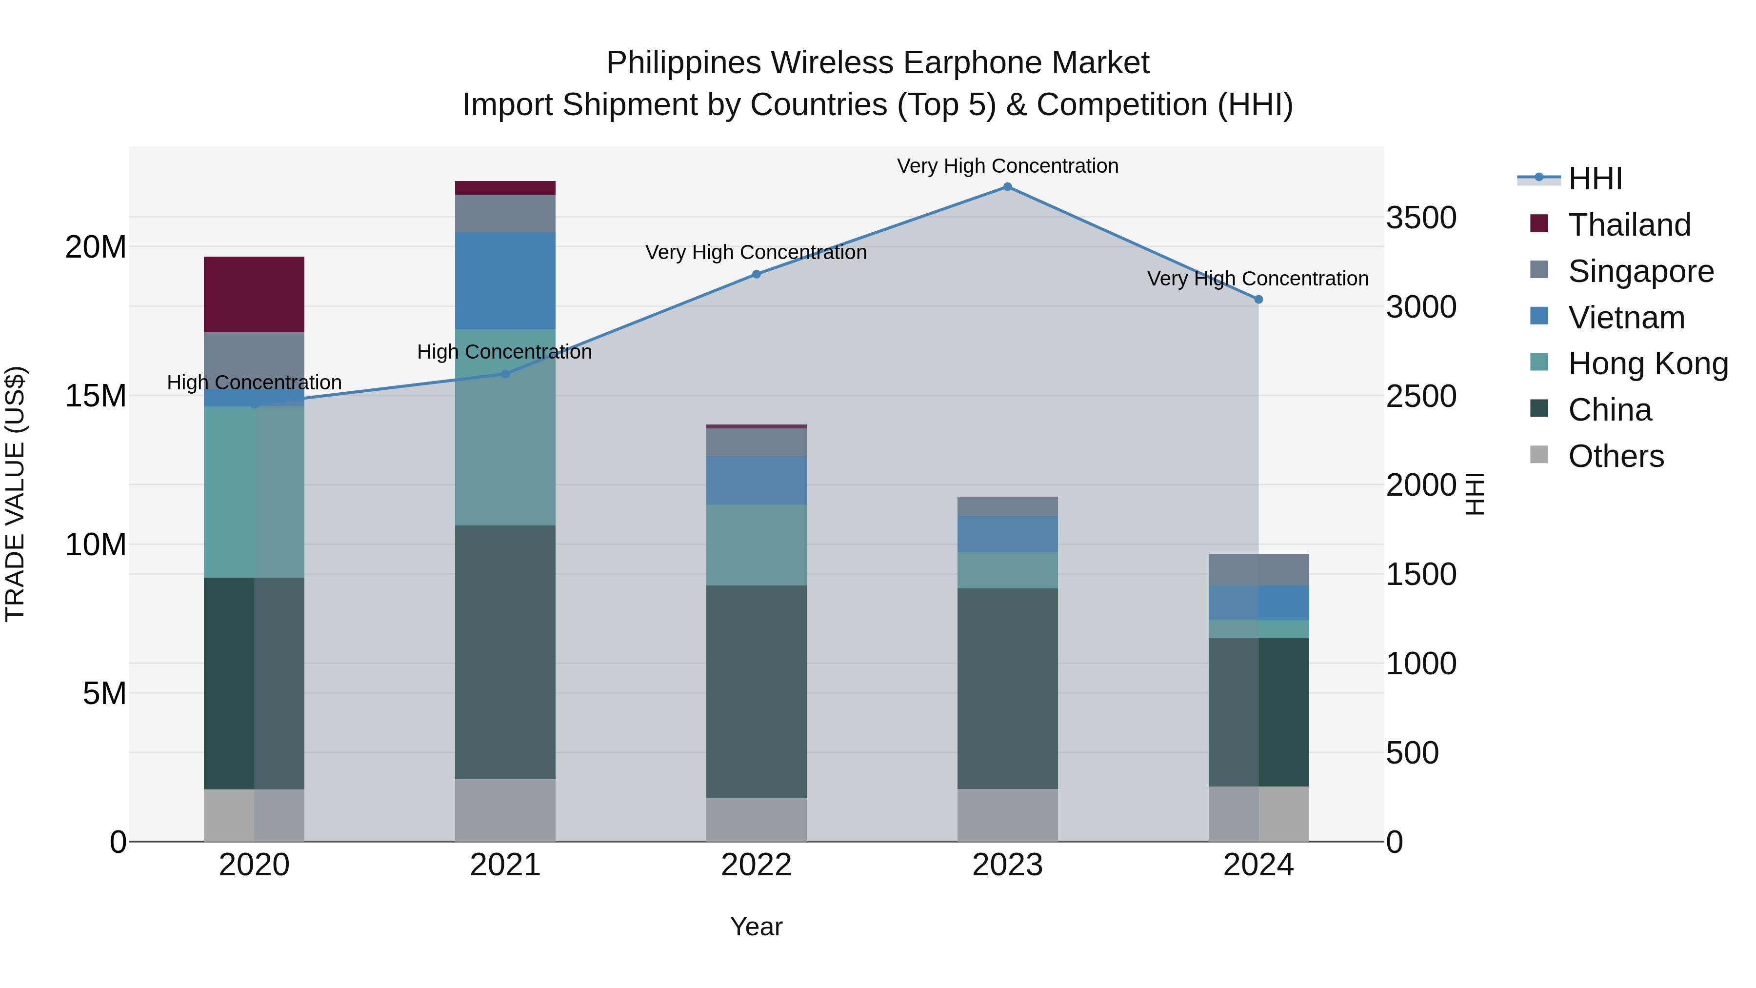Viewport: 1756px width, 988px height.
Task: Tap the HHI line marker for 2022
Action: pos(756,274)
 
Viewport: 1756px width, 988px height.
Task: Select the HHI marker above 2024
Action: pos(1258,300)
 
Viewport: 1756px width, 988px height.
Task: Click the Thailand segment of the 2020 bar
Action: pos(254,295)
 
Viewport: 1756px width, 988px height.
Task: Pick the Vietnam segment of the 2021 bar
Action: pos(505,281)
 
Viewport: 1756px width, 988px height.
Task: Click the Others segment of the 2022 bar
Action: pos(756,820)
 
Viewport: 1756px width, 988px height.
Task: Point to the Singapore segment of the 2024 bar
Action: pos(1258,569)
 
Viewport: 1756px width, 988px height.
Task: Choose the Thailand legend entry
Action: pos(1629,225)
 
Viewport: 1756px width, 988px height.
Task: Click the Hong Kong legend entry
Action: pos(1648,363)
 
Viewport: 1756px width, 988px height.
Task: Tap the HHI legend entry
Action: pos(1595,179)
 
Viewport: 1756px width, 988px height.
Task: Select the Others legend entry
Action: pos(1616,456)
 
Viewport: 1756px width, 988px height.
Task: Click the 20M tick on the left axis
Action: pos(96,247)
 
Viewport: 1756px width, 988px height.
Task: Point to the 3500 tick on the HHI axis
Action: pos(1421,218)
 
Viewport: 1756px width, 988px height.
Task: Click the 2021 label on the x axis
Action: pos(505,865)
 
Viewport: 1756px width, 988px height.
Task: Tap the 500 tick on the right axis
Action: pos(1413,753)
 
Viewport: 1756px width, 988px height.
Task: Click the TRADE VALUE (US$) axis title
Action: pos(15,494)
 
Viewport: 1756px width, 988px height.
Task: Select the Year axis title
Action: pos(756,927)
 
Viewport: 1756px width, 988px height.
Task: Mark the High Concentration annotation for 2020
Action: pos(254,383)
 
